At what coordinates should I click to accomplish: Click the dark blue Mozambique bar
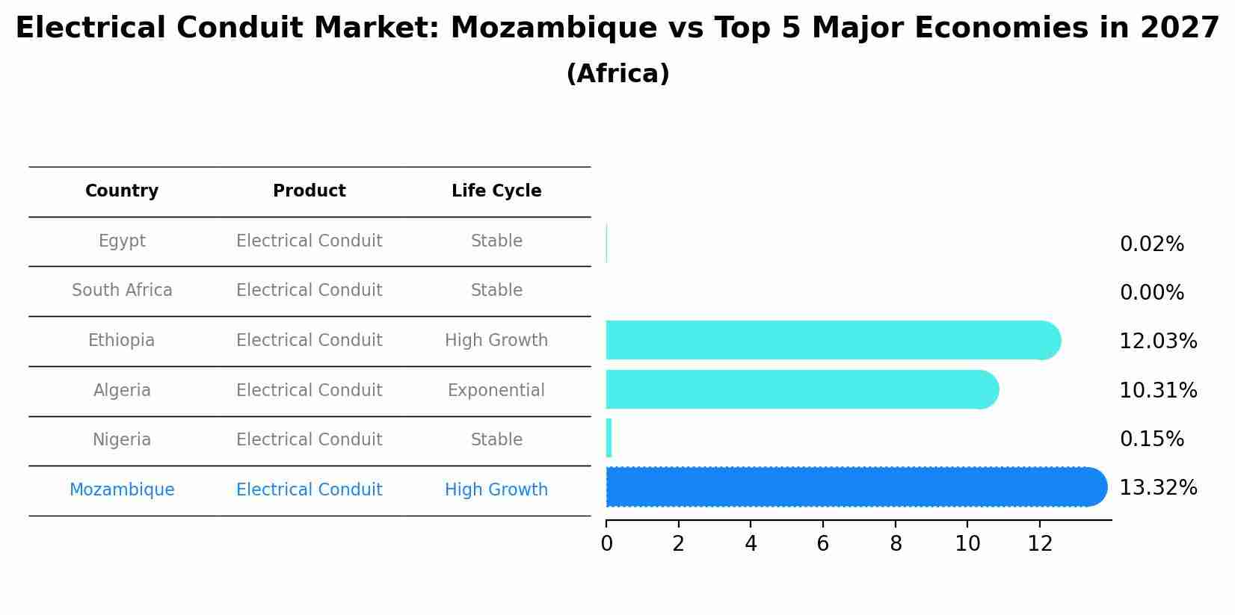tap(852, 487)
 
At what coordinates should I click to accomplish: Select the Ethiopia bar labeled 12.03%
tap(830, 341)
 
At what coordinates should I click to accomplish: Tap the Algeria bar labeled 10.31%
tap(800, 389)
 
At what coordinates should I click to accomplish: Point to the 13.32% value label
tap(1157, 488)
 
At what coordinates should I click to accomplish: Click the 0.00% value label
tap(1151, 293)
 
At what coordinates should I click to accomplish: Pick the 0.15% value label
tap(1151, 439)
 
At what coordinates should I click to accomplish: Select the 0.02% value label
tap(1151, 244)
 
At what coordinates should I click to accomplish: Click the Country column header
tap(122, 191)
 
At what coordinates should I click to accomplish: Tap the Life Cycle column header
tap(496, 191)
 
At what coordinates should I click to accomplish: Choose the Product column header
tap(309, 191)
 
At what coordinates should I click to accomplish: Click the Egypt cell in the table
tap(122, 241)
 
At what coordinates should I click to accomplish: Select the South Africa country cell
tap(122, 291)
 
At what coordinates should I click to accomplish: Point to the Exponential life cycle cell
tap(496, 391)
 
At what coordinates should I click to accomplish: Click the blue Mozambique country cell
tap(122, 490)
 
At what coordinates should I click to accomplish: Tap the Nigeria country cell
tap(122, 440)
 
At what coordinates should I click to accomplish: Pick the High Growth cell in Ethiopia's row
tap(496, 341)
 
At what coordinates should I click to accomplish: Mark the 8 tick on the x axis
tap(895, 544)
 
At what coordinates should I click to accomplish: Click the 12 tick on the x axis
tap(1040, 544)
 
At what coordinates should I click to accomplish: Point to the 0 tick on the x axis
tap(606, 544)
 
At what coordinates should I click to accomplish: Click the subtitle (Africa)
tap(617, 74)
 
